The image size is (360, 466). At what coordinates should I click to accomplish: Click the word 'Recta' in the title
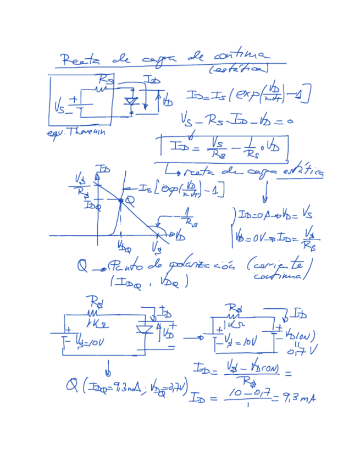coord(77,59)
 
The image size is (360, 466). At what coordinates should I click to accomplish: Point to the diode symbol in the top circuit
coord(131,102)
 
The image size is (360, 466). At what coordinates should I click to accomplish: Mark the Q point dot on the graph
coord(121,201)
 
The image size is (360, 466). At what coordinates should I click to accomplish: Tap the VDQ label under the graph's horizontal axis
coord(124,247)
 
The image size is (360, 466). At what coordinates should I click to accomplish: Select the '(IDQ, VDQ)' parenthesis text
coord(148,282)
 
